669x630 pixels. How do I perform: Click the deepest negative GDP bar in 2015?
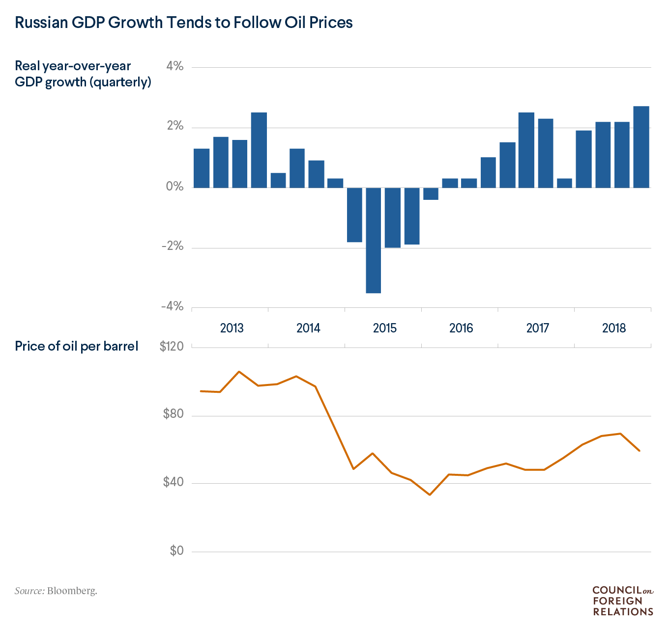(374, 240)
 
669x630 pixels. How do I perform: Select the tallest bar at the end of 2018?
(641, 147)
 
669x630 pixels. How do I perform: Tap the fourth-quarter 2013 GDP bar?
(259, 150)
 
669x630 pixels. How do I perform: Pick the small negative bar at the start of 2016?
(431, 193)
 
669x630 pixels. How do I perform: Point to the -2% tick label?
(172, 247)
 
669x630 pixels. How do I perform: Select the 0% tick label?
(175, 187)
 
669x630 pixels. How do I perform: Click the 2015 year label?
(384, 328)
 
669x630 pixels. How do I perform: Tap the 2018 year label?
(614, 328)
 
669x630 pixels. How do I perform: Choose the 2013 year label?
(232, 328)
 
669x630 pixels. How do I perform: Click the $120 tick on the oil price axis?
(172, 347)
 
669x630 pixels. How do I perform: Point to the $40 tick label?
(174, 482)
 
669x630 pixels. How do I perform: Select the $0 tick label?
(176, 551)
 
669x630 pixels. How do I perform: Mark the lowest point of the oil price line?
(430, 494)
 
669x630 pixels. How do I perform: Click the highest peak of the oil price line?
(239, 372)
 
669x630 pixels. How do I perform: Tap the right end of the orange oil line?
(639, 450)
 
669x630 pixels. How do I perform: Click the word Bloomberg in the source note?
(72, 591)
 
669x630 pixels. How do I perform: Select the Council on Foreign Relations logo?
(623, 601)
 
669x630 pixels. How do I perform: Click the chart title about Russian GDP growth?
(184, 23)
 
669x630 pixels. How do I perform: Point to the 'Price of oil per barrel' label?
(77, 346)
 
